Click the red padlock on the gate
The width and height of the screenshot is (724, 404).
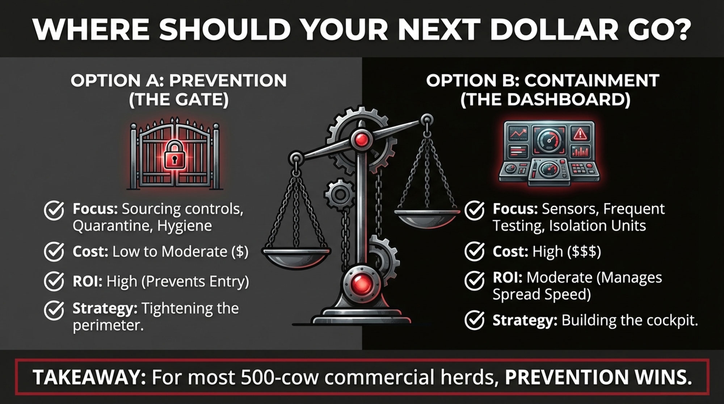click(x=174, y=155)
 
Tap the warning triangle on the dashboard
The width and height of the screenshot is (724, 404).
click(x=580, y=134)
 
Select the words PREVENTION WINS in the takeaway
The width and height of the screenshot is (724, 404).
click(x=598, y=377)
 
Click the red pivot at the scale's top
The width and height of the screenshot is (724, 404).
click(x=361, y=139)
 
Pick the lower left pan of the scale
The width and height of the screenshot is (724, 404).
click(x=296, y=257)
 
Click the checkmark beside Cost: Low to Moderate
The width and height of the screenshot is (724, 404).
click(x=54, y=252)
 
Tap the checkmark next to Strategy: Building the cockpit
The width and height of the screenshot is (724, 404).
click(x=475, y=320)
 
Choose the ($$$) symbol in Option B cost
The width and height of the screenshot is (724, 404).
click(x=584, y=252)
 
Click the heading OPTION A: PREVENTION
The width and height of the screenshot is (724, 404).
click(x=179, y=80)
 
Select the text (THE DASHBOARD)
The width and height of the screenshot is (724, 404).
click(x=546, y=100)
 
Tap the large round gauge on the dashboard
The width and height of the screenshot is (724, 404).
click(x=549, y=141)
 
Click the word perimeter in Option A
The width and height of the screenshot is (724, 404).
click(x=108, y=325)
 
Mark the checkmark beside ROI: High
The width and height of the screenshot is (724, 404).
click(x=54, y=282)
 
